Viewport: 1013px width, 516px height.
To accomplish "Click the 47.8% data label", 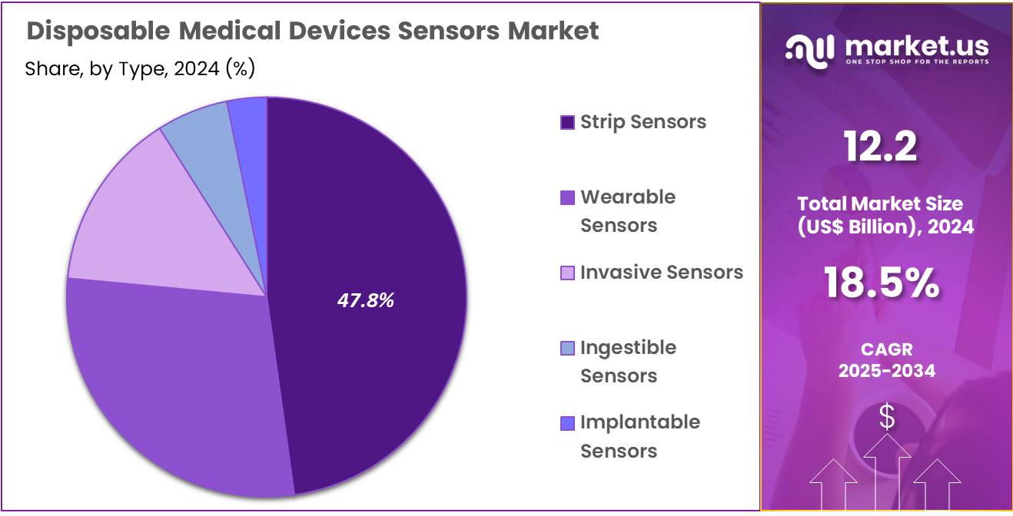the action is [x=365, y=300].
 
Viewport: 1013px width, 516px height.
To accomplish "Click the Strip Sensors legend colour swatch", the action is [x=567, y=122].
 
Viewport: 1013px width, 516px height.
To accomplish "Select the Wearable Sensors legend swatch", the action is [x=567, y=197].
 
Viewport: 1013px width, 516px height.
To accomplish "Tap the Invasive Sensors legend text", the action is [x=662, y=273].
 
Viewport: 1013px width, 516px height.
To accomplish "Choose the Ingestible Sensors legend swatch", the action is [x=567, y=348].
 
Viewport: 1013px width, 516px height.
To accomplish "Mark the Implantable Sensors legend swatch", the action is [x=567, y=423].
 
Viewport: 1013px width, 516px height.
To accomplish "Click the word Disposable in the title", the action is [x=98, y=31].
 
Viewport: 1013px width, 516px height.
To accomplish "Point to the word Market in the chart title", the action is [x=553, y=31].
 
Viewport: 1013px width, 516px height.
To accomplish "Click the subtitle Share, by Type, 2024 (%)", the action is [x=140, y=68].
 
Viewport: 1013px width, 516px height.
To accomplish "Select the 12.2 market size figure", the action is [x=880, y=146].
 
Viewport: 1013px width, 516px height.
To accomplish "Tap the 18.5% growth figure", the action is [x=882, y=283].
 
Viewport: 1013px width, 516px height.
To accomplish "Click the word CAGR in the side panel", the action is [x=887, y=349].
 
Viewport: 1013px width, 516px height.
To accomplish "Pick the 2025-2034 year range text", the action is [x=887, y=371].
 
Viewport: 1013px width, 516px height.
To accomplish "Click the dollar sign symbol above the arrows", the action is [x=887, y=417].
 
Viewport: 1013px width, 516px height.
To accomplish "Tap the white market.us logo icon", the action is [x=810, y=51].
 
